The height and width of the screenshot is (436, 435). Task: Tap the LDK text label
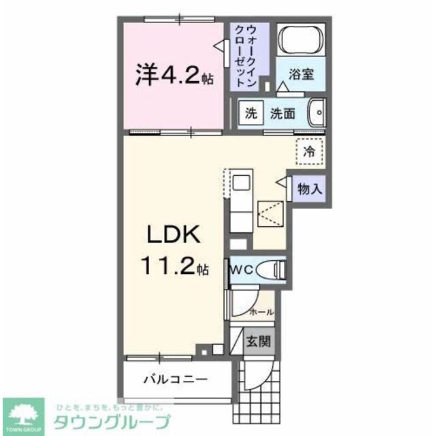click(173, 235)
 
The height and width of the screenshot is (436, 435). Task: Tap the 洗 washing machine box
click(251, 114)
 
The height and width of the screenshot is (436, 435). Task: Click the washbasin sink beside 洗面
click(316, 112)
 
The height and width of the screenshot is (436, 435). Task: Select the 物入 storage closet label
click(310, 189)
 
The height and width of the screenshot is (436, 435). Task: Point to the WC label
click(243, 270)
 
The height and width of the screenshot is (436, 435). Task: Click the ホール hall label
click(262, 312)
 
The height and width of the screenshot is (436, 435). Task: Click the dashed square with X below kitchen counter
click(272, 215)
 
